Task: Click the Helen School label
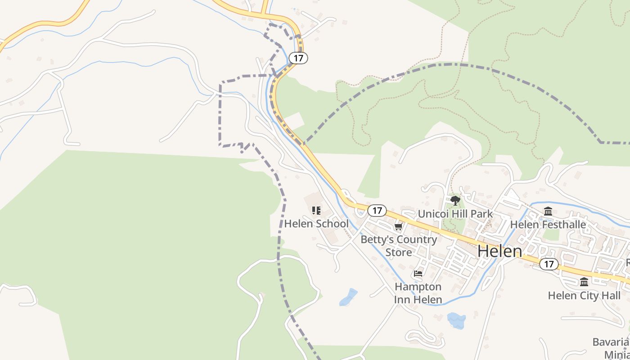(316, 224)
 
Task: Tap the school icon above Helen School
(316, 210)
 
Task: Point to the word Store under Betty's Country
(398, 252)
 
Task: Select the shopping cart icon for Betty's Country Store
(398, 226)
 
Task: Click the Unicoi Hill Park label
(455, 214)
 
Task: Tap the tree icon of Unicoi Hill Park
(455, 200)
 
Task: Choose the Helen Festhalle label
(548, 224)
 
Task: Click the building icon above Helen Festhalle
(548, 211)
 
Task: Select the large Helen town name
(499, 251)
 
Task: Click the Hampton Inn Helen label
(418, 293)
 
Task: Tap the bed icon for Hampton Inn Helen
(418, 273)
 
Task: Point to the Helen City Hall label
(584, 296)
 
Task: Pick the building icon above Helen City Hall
(584, 282)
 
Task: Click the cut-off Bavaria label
(610, 342)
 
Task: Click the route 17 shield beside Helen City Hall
(549, 264)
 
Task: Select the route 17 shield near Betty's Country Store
(377, 210)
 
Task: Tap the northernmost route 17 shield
(298, 58)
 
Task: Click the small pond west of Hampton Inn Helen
(348, 297)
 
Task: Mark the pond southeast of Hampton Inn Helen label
(456, 320)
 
